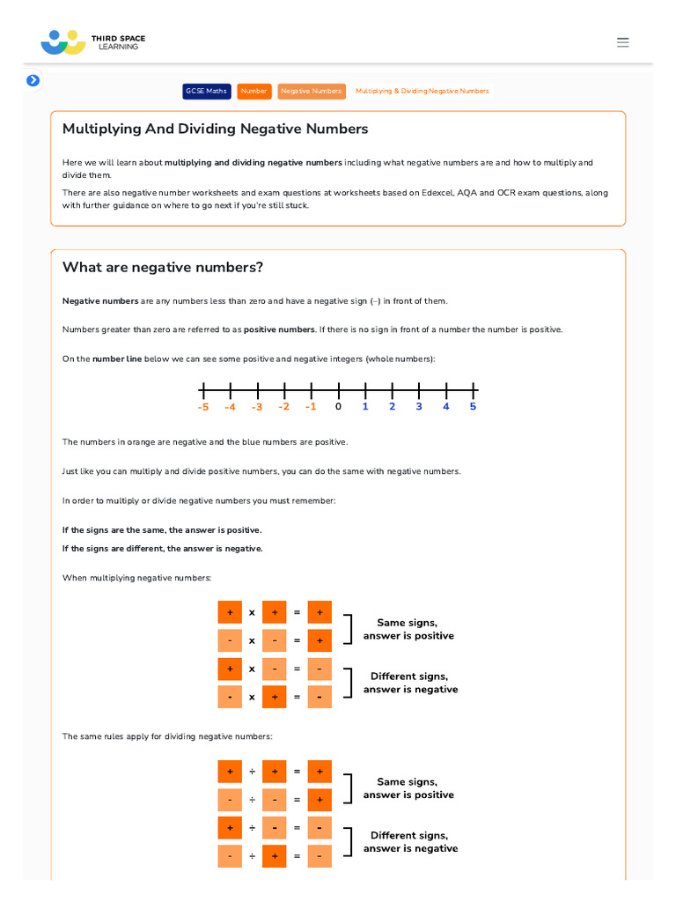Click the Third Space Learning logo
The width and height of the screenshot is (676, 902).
coord(92,41)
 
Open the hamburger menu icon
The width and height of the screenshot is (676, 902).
coord(623,42)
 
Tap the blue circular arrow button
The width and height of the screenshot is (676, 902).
coord(33,80)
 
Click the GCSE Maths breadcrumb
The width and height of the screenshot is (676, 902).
coord(206,91)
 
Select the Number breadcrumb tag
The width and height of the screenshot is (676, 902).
coord(254,91)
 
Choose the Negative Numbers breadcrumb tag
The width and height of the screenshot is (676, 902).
coord(311,91)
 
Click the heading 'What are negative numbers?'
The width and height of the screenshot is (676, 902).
coord(163,268)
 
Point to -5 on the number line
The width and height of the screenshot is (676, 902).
coord(203,407)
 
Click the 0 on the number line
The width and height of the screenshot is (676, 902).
coord(338,407)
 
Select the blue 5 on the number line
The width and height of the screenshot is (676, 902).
coord(473,407)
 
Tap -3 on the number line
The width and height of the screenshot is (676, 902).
coord(257,407)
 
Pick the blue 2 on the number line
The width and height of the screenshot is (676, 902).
coord(392,407)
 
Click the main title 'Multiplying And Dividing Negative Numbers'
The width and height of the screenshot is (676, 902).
coord(215,129)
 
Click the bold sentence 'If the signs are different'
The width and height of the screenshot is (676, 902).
coord(162,549)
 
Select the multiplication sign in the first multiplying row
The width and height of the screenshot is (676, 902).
coord(252,612)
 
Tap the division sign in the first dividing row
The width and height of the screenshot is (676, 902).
coord(252,772)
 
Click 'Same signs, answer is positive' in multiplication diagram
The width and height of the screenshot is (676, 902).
coord(408,629)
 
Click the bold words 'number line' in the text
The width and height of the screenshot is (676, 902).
coord(117,359)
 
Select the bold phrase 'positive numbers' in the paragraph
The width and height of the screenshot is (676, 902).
coord(279,329)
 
